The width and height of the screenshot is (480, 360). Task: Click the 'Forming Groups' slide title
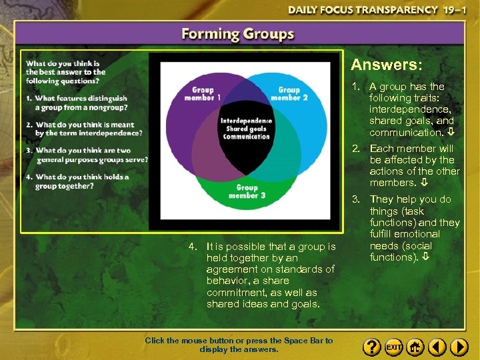[238, 35]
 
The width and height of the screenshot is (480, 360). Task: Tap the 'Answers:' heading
[387, 65]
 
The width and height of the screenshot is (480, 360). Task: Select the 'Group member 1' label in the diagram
[203, 93]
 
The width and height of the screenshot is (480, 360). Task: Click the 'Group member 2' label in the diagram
[289, 93]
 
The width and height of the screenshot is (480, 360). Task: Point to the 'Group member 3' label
[247, 191]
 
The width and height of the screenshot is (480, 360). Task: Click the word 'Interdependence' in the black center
[246, 121]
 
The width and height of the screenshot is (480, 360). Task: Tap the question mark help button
[372, 347]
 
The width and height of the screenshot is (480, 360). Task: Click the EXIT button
[394, 347]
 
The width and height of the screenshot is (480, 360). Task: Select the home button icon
[415, 347]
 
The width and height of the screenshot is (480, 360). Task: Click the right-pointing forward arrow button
[459, 347]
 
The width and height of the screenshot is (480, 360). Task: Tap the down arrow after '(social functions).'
[425, 257]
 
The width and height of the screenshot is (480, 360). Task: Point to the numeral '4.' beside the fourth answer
[193, 247]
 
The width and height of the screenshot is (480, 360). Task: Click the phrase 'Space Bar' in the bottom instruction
[306, 341]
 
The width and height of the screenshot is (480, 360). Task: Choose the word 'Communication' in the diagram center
[247, 137]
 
